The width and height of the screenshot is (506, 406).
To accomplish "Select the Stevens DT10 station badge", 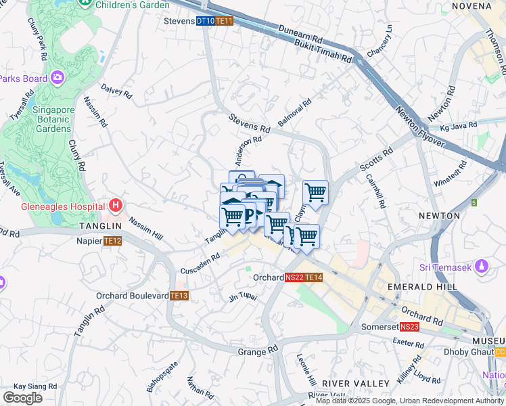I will (x=205, y=21).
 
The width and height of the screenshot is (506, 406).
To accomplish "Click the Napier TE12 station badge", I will (x=112, y=241).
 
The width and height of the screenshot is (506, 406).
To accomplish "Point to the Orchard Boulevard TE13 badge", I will (x=179, y=296).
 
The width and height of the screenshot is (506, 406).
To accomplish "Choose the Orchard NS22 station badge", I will (x=294, y=277).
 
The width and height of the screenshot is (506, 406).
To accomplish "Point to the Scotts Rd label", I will (x=376, y=160).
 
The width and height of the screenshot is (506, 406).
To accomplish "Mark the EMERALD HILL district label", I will (x=423, y=287).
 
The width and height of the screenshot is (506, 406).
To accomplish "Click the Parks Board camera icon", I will (x=57, y=78).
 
